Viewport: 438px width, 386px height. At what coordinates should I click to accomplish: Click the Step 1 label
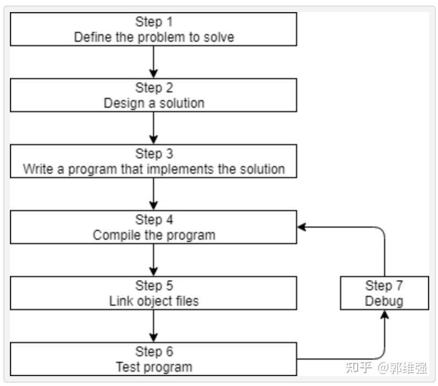tap(154, 22)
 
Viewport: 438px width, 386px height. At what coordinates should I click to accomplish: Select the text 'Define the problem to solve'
tap(154, 37)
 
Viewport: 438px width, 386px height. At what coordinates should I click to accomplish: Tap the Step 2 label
tap(154, 88)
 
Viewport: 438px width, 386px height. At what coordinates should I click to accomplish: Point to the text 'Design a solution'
tap(154, 103)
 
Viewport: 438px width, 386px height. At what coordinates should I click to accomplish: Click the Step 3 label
tap(154, 153)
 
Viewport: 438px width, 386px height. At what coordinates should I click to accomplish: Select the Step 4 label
tap(154, 219)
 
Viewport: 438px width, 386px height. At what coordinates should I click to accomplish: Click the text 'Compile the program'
tap(154, 235)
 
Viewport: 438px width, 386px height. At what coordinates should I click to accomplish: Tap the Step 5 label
tap(154, 285)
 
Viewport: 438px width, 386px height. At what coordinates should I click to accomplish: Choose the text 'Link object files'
tap(154, 301)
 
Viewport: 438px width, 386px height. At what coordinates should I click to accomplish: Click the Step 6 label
tap(154, 351)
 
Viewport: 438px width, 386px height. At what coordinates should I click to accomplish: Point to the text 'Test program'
tap(154, 367)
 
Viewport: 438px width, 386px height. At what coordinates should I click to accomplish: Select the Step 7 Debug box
tap(384, 293)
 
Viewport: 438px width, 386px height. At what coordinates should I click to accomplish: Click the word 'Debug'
tap(384, 301)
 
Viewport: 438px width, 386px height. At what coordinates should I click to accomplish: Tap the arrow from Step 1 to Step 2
tap(154, 62)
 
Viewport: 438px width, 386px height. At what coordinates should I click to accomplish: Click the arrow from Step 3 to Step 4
tap(154, 194)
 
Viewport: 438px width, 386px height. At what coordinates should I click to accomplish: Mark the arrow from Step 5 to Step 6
tap(154, 326)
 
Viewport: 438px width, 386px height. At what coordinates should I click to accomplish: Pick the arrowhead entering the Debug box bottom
tap(384, 315)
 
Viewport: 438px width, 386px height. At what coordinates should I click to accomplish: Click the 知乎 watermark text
tap(359, 367)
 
